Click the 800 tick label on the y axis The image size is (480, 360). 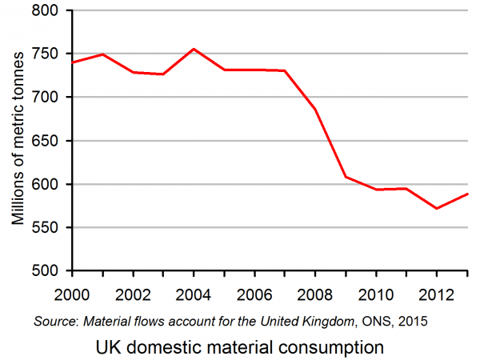tap(46, 10)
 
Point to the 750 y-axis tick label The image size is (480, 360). tap(46, 54)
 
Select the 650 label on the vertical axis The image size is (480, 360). tap(46, 141)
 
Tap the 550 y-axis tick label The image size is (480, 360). tap(46, 227)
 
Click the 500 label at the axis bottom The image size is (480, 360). tap(46, 271)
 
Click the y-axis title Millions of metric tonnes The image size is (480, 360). tap(17, 141)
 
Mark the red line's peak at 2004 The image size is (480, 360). tap(194, 49)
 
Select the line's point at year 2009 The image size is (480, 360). tap(346, 177)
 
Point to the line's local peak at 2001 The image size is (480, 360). tap(102, 54)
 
